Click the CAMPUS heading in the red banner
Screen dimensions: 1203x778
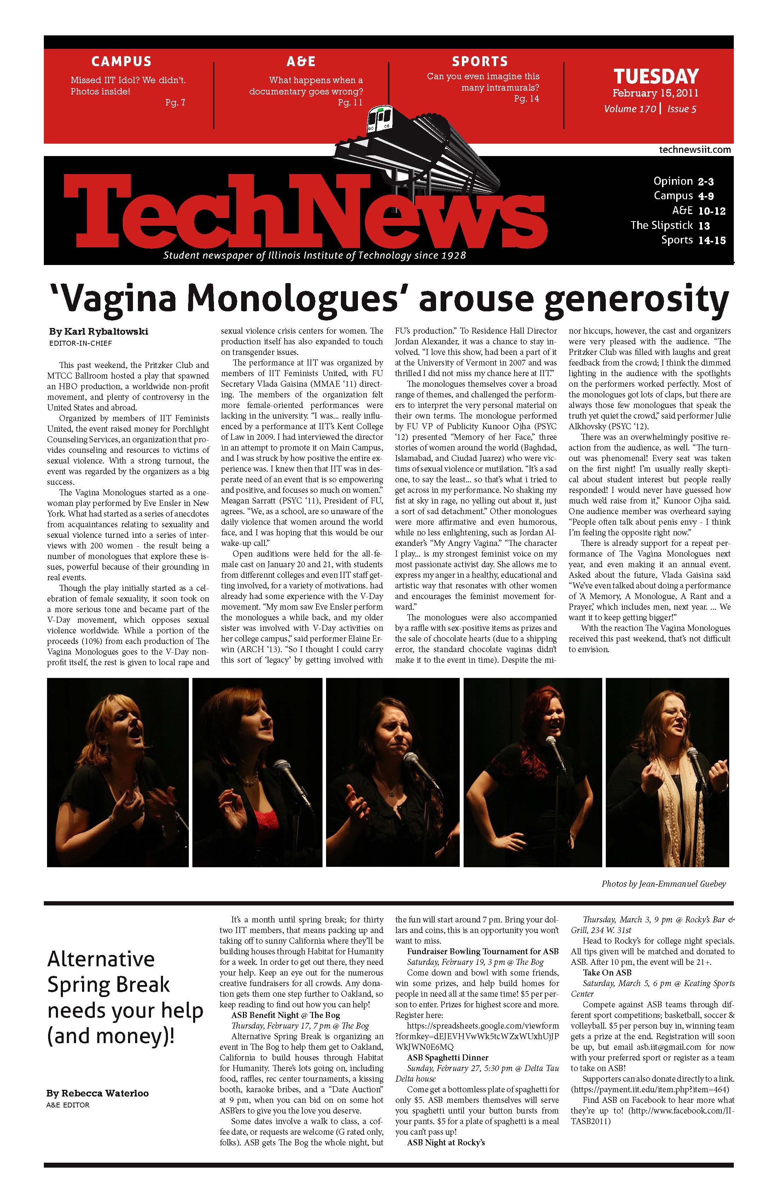click(121, 62)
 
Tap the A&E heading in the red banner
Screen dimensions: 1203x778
click(301, 62)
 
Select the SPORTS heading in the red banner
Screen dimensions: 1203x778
click(480, 62)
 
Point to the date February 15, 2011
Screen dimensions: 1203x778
click(655, 93)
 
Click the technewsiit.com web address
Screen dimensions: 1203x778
click(695, 150)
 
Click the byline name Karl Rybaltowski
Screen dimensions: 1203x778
click(99, 332)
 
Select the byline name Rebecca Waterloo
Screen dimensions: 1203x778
click(98, 1093)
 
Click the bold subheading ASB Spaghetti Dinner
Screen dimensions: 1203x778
click(448, 1058)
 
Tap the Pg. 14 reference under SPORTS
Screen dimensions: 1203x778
click(527, 99)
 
